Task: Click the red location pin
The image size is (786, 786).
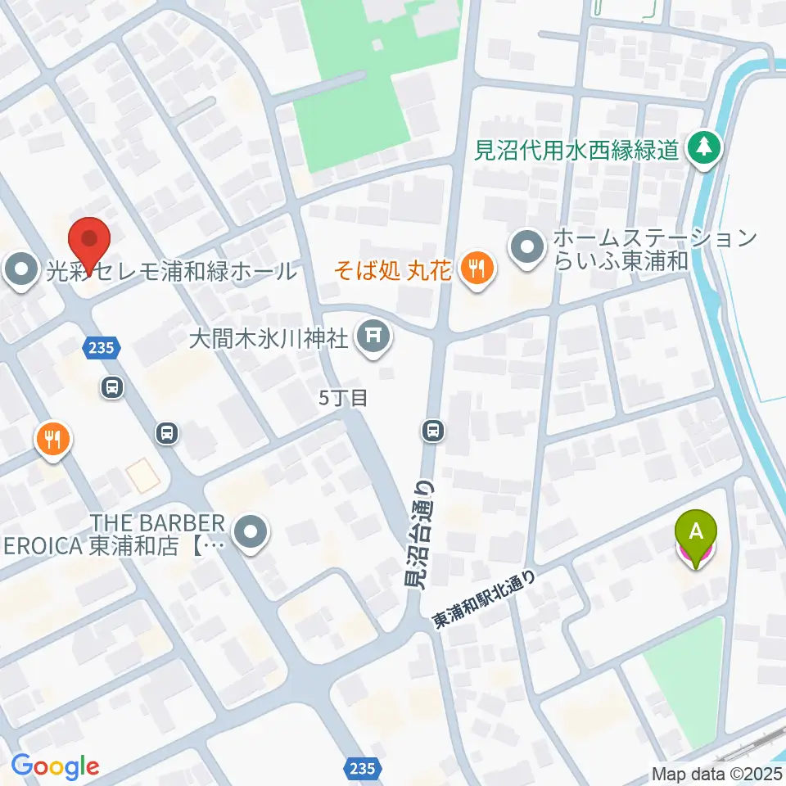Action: tap(90, 239)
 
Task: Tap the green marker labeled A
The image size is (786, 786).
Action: tap(695, 536)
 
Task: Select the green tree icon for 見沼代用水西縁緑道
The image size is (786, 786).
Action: tap(703, 148)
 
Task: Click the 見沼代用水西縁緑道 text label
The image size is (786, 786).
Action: tap(577, 150)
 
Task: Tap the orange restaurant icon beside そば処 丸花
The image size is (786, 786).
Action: tap(474, 266)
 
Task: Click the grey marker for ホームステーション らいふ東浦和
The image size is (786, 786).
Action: tap(526, 246)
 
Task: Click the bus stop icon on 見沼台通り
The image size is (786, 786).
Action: tap(433, 430)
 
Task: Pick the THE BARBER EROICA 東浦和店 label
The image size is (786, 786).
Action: tap(131, 535)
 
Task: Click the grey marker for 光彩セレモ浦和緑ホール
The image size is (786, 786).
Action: tap(20, 270)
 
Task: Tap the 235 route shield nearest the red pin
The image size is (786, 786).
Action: tap(101, 348)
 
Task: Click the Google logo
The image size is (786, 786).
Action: tap(55, 766)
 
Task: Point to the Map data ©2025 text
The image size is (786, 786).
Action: tap(716, 773)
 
